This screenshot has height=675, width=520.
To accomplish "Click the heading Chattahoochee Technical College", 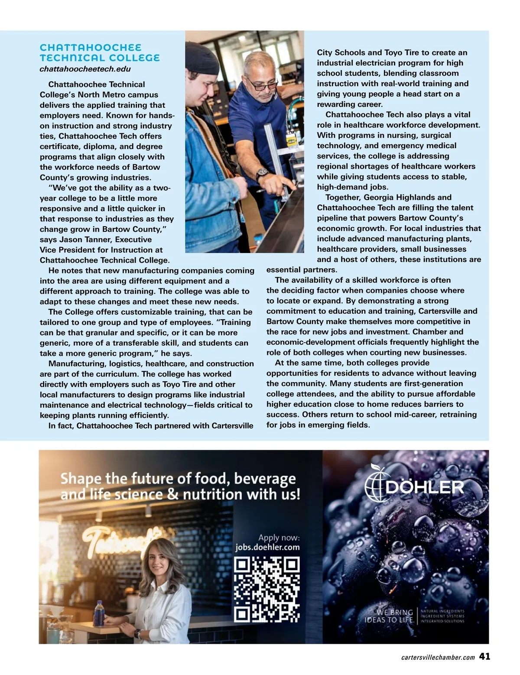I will point(100,52).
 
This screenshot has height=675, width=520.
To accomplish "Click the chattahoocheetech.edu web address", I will point(85,69).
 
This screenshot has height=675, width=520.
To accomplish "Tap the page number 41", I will point(485,656).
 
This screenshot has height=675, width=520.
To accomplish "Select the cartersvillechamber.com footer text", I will point(438,657).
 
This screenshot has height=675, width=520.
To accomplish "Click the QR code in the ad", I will point(267,589).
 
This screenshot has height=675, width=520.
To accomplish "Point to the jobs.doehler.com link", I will point(267,547).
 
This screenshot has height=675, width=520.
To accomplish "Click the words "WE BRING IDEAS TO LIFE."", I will point(389,616).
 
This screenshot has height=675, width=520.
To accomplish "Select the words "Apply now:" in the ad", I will point(279,538).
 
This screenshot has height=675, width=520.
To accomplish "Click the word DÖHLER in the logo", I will point(424,487).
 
